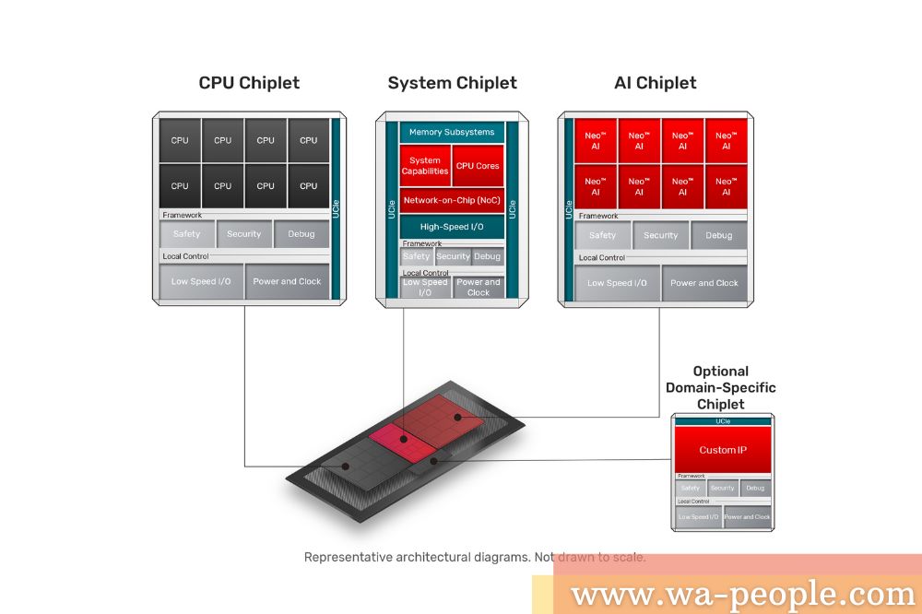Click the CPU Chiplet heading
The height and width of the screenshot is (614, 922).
tap(249, 83)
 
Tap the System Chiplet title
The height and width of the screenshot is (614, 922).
tap(452, 83)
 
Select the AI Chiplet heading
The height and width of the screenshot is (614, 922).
tap(655, 83)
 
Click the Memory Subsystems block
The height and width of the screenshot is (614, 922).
tap(452, 132)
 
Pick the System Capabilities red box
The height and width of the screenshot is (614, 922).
tap(425, 166)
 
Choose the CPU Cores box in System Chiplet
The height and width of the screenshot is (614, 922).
tap(478, 166)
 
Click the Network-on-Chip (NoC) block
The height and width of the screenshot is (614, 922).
tap(452, 200)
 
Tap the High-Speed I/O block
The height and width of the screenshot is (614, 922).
tap(452, 227)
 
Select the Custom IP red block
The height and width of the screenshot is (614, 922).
tap(723, 450)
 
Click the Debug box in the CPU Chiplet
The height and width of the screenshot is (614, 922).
tap(301, 234)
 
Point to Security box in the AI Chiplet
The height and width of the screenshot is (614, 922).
tap(660, 235)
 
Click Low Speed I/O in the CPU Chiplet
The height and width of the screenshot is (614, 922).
tap(201, 281)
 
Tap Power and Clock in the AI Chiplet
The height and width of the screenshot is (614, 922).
tap(704, 283)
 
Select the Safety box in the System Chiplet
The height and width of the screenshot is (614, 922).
tap(417, 256)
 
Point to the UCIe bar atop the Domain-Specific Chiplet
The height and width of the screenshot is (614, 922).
tap(723, 421)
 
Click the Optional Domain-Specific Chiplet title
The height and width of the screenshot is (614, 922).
tap(721, 387)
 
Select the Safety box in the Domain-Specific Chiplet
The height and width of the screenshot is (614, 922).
tap(690, 488)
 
